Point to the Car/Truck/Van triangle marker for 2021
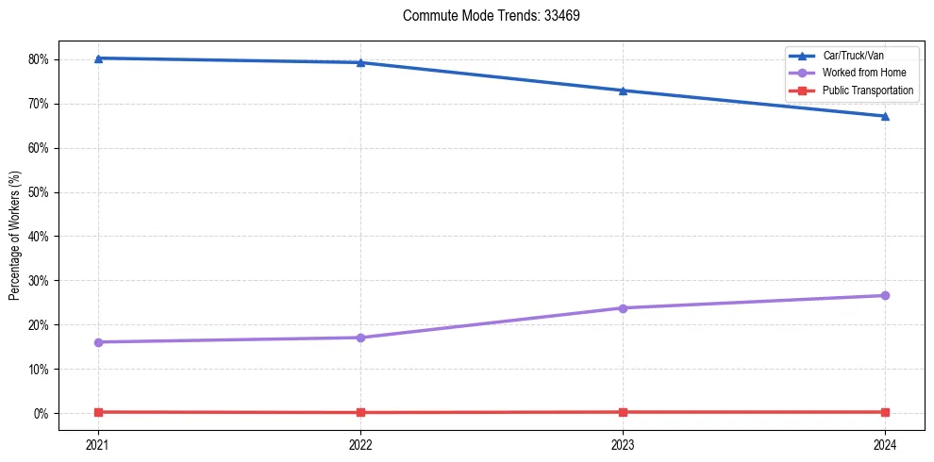tap(98, 58)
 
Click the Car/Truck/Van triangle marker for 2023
tap(623, 91)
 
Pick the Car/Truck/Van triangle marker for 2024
tap(885, 116)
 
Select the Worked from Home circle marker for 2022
tap(360, 338)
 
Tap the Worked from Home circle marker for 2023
tap(623, 308)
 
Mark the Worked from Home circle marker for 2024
tap(885, 296)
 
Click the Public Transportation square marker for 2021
tap(98, 412)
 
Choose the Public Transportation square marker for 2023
tap(623, 412)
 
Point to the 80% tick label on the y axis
tap(39, 59)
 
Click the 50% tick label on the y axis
tap(39, 192)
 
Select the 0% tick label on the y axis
tap(42, 414)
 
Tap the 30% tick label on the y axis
tap(39, 281)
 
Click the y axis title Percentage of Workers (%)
tap(15, 236)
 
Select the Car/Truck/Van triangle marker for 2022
tap(360, 62)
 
